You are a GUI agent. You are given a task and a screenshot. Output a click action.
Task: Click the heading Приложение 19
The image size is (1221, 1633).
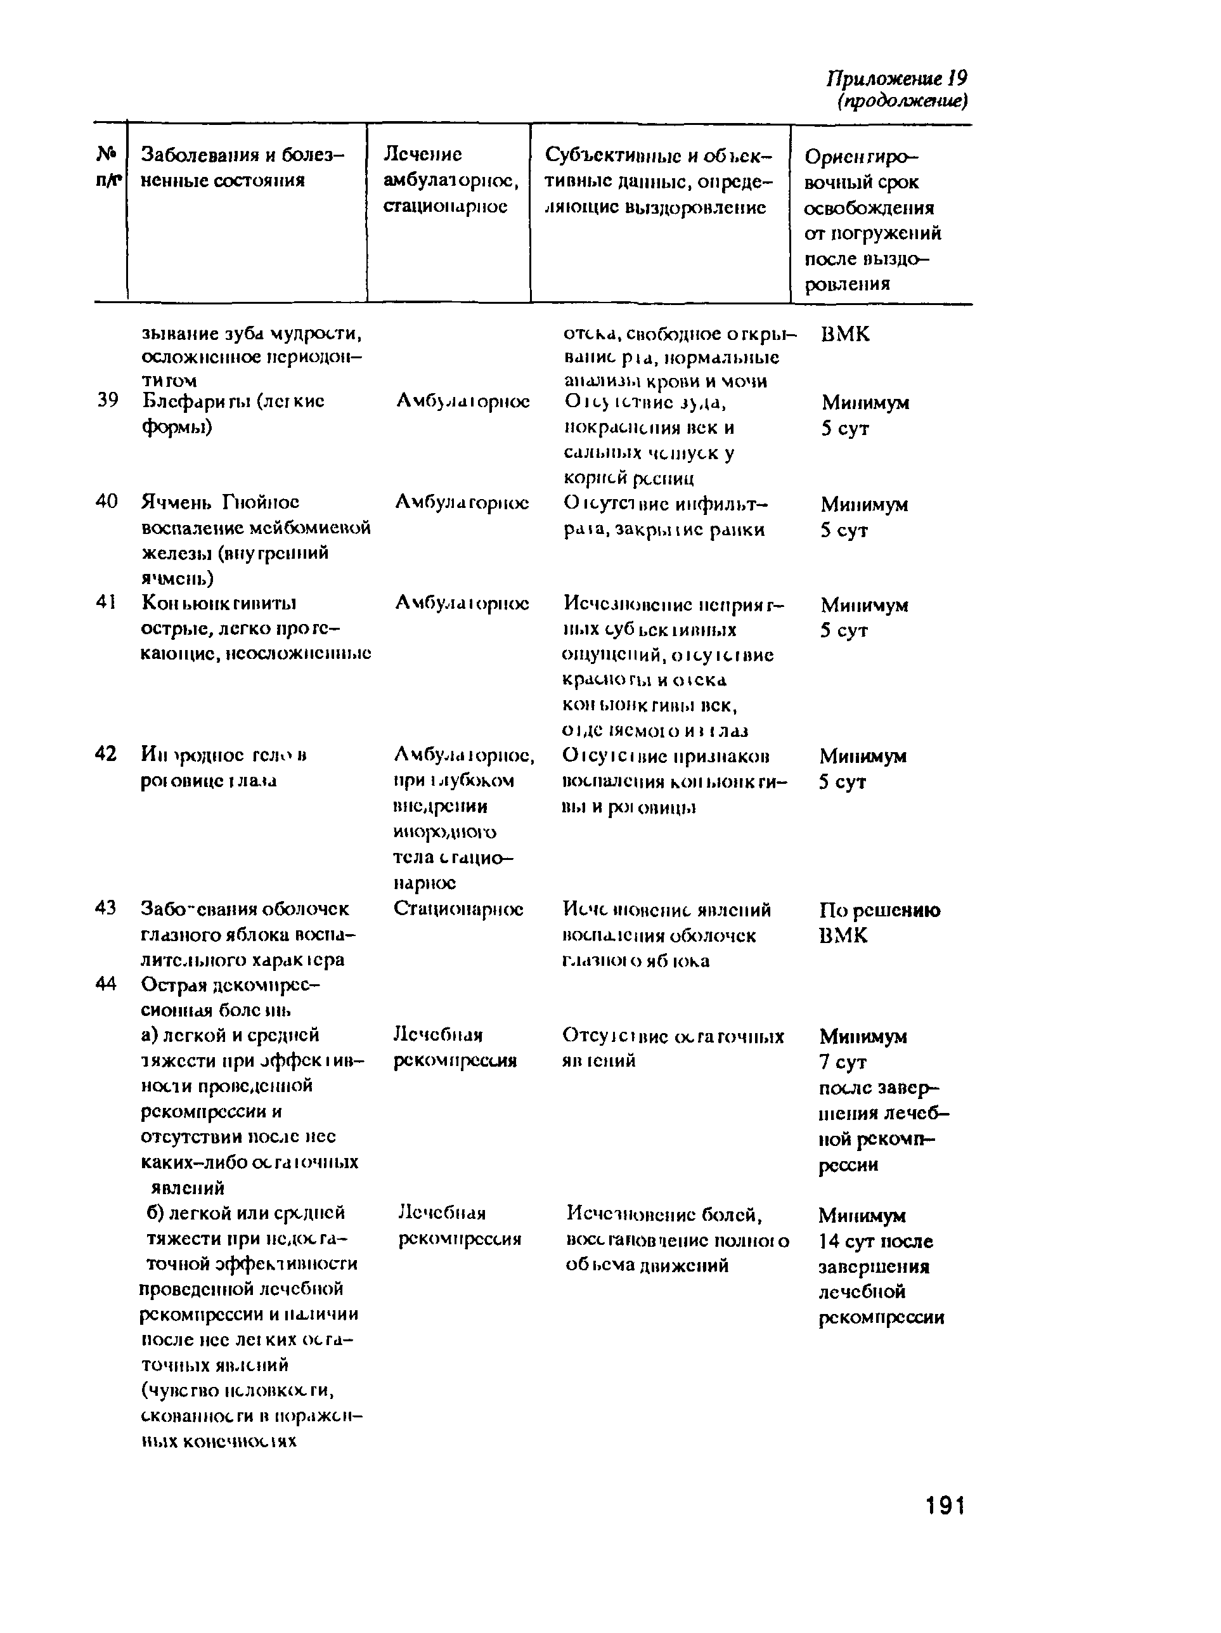point(896,78)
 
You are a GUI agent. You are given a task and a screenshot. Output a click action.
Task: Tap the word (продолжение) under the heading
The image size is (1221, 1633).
point(901,101)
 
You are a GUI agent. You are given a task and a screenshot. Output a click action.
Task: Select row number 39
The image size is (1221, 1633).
point(108,400)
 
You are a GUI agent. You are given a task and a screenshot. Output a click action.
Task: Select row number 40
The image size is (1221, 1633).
point(107,501)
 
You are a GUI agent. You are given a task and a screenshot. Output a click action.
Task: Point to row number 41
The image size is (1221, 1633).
point(107,602)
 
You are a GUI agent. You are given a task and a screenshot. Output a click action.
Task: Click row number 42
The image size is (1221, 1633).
point(107,754)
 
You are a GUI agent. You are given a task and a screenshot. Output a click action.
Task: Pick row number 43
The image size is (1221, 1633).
point(107,908)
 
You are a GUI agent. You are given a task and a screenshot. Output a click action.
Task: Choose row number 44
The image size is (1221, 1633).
point(107,984)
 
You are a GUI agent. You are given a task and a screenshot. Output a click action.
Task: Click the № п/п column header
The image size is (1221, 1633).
point(108,167)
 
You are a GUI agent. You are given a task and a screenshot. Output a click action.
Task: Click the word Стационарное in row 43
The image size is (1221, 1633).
point(458,908)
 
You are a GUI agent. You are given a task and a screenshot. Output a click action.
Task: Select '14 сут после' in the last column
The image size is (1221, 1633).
point(875,1241)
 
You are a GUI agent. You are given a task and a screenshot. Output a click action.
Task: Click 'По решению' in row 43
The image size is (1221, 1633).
point(879,909)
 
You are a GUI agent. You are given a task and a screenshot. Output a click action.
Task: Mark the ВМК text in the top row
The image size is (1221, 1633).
point(845,334)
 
